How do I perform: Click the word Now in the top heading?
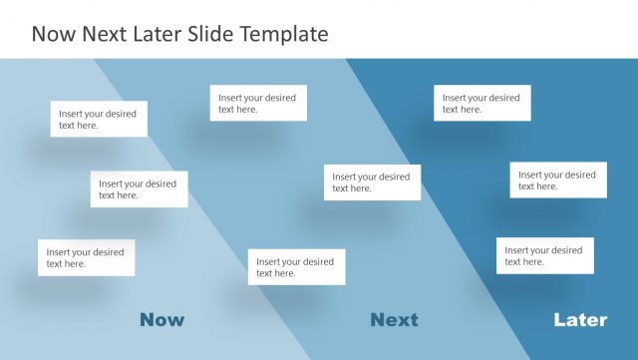pyautogui.click(x=57, y=35)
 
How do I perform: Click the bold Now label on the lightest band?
pyautogui.click(x=161, y=320)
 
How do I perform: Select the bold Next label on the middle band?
pyautogui.click(x=394, y=320)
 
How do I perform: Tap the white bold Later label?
pyautogui.click(x=580, y=320)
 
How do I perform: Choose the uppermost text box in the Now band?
pyautogui.click(x=100, y=119)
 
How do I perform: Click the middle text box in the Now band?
pyautogui.click(x=139, y=189)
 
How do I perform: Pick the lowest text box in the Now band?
pyautogui.click(x=87, y=257)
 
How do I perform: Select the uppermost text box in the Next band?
pyautogui.click(x=258, y=103)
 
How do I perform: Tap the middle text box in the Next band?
pyautogui.click(x=372, y=182)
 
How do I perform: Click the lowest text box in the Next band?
pyautogui.click(x=296, y=267)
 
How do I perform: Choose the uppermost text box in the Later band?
pyautogui.click(x=482, y=103)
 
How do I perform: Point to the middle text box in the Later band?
pyautogui.click(x=558, y=180)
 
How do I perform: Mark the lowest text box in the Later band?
pyautogui.click(x=545, y=255)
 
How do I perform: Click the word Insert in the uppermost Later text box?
pyautogui.click(x=456, y=98)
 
